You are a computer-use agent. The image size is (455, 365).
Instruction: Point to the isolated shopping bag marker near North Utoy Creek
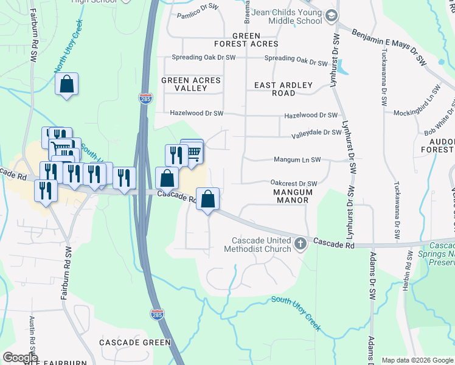click(66, 85)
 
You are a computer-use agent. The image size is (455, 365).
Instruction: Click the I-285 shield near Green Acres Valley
click(145, 99)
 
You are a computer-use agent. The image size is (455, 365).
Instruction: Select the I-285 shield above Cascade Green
click(156, 314)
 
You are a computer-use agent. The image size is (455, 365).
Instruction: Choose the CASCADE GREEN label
click(136, 342)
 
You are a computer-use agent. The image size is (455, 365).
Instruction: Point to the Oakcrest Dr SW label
click(294, 183)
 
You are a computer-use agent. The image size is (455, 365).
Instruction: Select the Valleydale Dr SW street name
click(316, 132)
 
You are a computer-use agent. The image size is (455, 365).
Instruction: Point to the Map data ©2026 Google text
click(417, 360)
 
